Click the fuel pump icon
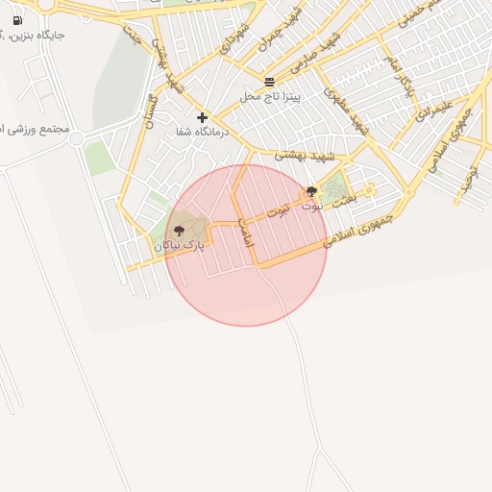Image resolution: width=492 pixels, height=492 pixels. (x=17, y=20)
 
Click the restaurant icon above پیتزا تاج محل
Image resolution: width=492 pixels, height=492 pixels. (x=269, y=82)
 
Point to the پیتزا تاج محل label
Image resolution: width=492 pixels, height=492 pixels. (x=270, y=97)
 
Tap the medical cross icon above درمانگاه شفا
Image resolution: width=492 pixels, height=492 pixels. (x=202, y=117)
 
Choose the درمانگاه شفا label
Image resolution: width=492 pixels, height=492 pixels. (x=201, y=132)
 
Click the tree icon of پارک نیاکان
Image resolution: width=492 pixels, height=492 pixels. (x=179, y=231)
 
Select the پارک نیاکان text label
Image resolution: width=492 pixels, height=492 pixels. (x=180, y=246)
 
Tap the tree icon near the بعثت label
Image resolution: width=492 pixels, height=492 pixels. (x=310, y=191)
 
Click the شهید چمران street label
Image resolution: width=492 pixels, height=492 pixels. (x=293, y=29)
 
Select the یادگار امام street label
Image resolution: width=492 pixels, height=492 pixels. (x=400, y=77)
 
